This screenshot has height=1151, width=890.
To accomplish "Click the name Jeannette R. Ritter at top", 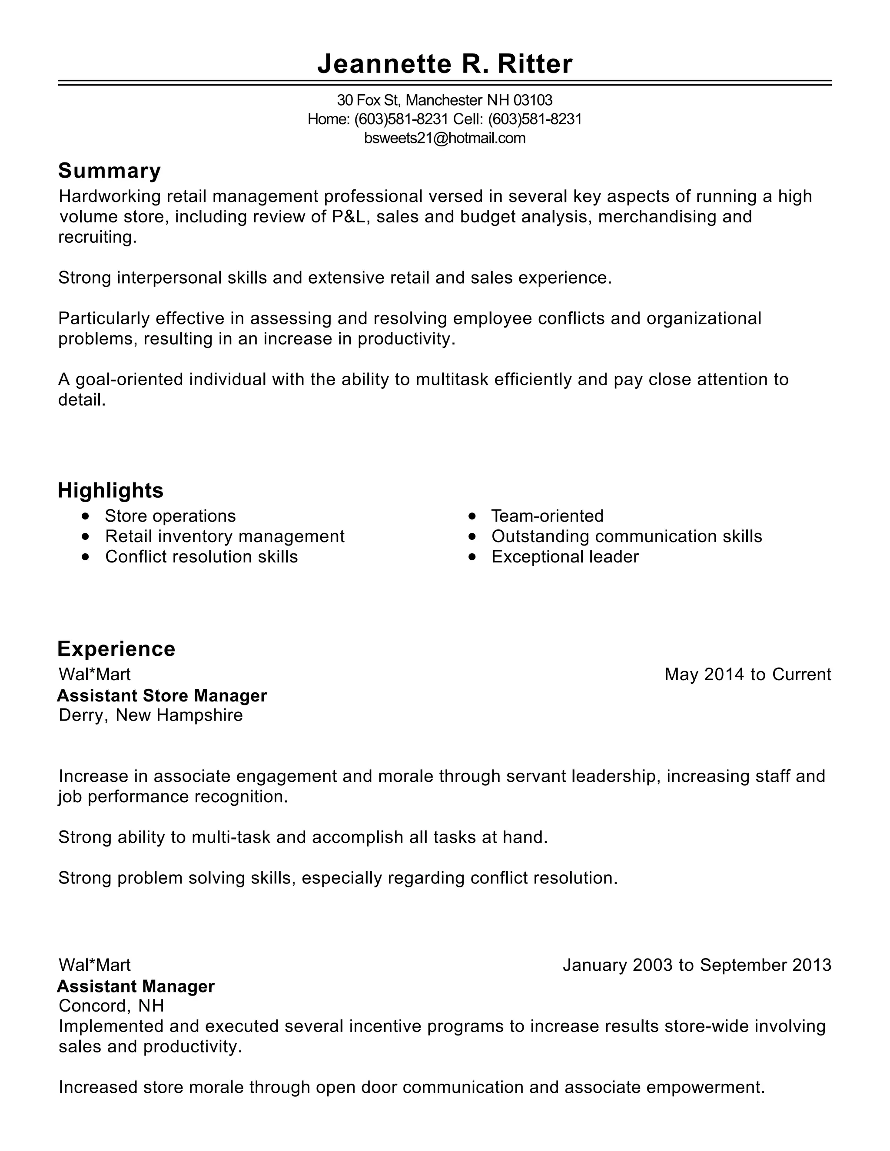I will (x=445, y=64).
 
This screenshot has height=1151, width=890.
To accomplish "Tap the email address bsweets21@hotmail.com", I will (x=445, y=138).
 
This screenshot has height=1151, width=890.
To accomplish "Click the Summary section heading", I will (x=109, y=171).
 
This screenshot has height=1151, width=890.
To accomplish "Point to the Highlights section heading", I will (x=110, y=490).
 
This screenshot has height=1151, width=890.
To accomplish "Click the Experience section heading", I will (x=116, y=649).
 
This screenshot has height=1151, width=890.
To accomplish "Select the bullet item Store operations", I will (x=170, y=516).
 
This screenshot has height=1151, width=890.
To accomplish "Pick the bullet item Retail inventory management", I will (x=225, y=536).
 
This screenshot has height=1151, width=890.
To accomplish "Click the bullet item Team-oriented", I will (x=547, y=516).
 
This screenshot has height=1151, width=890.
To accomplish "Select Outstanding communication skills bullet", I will (x=626, y=536).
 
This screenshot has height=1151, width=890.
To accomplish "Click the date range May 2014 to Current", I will (x=747, y=674).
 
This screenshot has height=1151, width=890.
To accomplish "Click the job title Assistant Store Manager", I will (x=162, y=696).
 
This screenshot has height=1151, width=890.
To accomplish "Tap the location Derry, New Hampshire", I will (x=150, y=715).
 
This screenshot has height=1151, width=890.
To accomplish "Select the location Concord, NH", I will (x=111, y=1005).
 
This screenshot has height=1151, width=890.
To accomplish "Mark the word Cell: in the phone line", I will (x=468, y=119).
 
